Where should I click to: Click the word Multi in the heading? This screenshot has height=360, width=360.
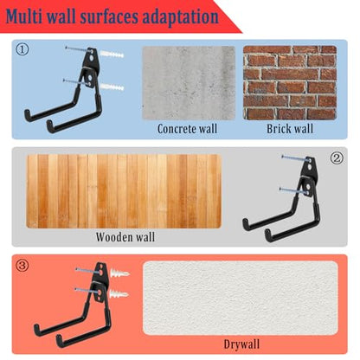coord(24,16)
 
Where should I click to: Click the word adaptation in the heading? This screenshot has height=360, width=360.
coord(181,17)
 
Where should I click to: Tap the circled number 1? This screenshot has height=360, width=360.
coord(22,50)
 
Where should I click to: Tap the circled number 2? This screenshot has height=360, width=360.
coord(337,158)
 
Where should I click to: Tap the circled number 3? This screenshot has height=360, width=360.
coord(22,266)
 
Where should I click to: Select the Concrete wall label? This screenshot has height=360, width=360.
coord(188,129)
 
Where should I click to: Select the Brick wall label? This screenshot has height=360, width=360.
coord(290,129)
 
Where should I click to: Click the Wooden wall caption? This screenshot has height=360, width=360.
coord(125,237)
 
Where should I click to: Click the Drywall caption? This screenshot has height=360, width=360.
coord(241,344)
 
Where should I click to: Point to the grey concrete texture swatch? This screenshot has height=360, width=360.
coord(189,83)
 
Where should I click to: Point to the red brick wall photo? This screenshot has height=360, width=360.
coord(290,83)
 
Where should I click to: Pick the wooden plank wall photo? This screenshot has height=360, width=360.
coord(124,191)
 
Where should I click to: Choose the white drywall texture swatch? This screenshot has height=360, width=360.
coord(241,299)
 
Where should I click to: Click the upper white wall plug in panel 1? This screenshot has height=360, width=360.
coord(112,54)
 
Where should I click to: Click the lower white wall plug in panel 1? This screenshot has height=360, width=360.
coord(112,86)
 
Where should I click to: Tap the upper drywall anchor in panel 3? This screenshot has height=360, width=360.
coord(119,273)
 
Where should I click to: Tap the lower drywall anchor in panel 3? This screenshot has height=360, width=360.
coord(119,294)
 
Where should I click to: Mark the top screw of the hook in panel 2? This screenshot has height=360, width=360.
coord(297,158)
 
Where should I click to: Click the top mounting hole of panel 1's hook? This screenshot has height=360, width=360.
coord(92,58)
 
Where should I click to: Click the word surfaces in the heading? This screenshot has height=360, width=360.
coord(109,16)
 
